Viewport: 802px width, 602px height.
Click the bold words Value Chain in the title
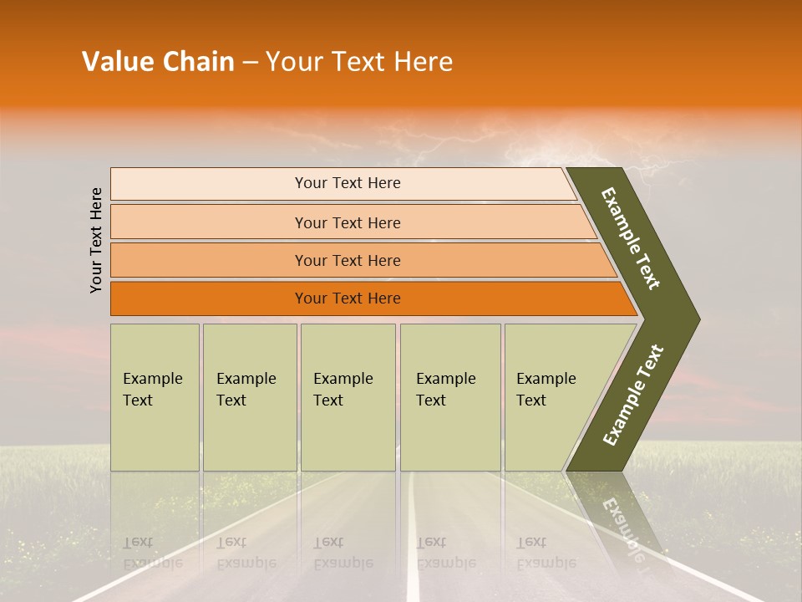click(158, 62)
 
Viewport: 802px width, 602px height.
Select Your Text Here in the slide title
click(359, 62)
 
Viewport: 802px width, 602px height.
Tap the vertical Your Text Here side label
click(96, 240)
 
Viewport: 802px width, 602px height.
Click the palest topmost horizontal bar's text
click(348, 183)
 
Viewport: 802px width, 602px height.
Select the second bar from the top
click(348, 222)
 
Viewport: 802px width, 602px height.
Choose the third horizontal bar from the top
click(348, 260)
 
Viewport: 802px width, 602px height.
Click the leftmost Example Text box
click(155, 397)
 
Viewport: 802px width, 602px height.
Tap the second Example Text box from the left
click(249, 397)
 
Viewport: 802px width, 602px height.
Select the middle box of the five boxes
click(348, 397)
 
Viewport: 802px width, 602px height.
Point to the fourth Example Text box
click(450, 397)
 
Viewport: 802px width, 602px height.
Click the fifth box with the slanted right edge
click(551, 397)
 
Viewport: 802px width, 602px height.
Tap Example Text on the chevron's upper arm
click(632, 238)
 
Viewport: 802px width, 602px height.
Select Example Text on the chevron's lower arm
click(633, 395)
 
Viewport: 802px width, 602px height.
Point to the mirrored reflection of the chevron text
click(622, 527)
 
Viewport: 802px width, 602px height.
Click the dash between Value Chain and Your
click(250, 63)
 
